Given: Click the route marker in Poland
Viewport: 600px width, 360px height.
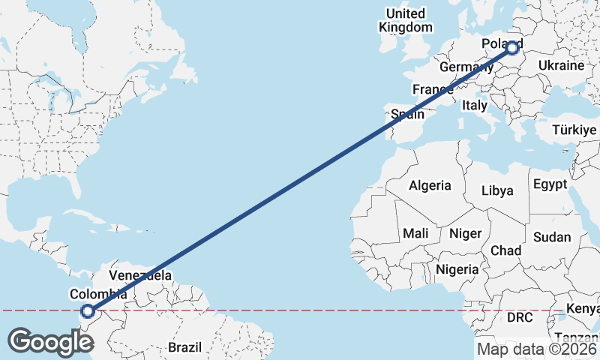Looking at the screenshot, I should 512,48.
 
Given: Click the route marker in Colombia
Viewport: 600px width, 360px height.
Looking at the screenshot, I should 88,310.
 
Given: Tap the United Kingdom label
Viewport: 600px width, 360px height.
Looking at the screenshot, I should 406,20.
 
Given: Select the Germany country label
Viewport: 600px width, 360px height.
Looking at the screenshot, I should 465,67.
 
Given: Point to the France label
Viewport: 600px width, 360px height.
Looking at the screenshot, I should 433,90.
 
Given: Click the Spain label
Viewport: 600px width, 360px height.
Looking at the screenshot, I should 408,115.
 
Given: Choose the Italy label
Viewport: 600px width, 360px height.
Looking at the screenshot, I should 475,106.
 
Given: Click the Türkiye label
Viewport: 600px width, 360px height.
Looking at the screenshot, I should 574,130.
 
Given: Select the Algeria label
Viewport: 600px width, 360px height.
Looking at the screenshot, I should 430,185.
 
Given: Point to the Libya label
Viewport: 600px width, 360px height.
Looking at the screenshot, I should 497,190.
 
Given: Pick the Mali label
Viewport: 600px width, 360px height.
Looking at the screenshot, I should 415,233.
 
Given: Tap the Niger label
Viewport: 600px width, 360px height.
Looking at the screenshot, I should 465,233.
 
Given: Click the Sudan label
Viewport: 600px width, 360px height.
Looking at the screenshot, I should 552,237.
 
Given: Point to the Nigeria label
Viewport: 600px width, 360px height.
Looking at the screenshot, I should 457,268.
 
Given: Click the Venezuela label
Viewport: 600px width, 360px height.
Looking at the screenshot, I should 140,274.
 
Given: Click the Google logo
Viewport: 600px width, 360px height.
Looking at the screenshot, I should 50,342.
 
